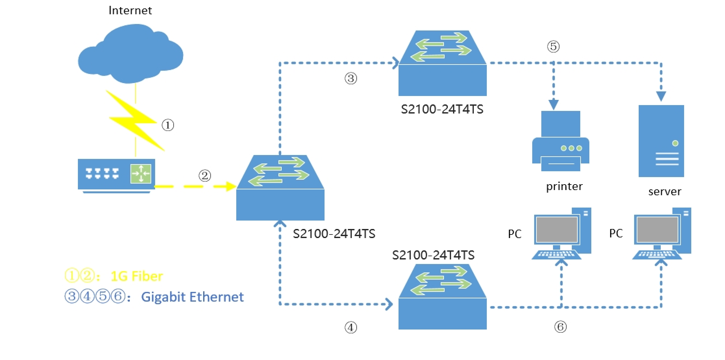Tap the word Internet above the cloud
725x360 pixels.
130,11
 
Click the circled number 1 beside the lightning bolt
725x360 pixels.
168,125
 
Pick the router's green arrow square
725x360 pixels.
141,174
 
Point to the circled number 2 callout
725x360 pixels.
205,176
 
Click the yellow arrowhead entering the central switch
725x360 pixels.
231,186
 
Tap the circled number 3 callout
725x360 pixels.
351,78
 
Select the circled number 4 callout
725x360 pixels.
351,328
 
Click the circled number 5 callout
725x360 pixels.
554,47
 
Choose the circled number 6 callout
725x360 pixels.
560,327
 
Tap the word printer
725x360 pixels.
564,187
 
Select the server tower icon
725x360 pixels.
661,141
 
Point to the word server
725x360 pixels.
665,192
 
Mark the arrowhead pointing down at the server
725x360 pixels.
661,96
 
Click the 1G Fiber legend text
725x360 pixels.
137,276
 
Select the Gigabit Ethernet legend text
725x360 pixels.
192,297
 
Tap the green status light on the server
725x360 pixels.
675,143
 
